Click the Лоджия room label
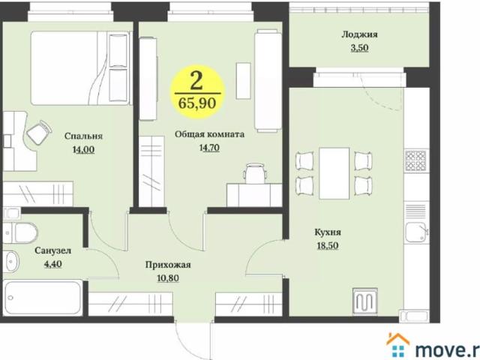pyautogui.click(x=359, y=34)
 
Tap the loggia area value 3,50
pyautogui.click(x=359, y=48)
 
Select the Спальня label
pyautogui.click(x=83, y=136)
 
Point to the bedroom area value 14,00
pyautogui.click(x=83, y=150)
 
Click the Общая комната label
pyautogui.click(x=209, y=134)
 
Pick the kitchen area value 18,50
pyautogui.click(x=328, y=245)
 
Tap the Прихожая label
pyautogui.click(x=168, y=265)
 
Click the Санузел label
pyautogui.click(x=53, y=250)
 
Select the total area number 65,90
pyautogui.click(x=197, y=103)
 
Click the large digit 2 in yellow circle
pyautogui.click(x=196, y=81)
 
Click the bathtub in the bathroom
pyautogui.click(x=43, y=298)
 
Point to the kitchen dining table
pyautogui.click(x=334, y=173)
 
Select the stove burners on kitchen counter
pyautogui.click(x=415, y=160)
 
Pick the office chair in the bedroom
pyautogui.click(x=39, y=132)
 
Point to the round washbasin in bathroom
pyautogui.click(x=12, y=262)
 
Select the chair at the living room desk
pyautogui.click(x=256, y=173)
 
